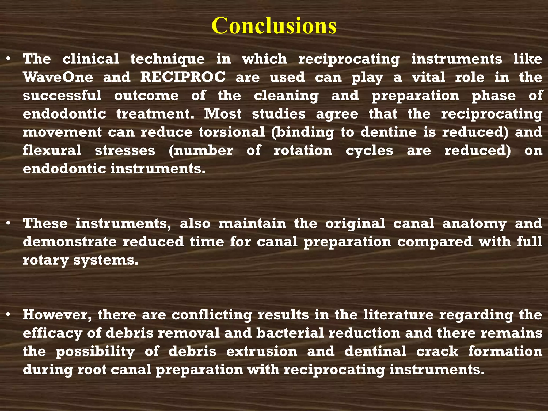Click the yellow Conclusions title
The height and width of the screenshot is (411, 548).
coord(274,26)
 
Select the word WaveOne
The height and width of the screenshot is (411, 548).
coord(58,77)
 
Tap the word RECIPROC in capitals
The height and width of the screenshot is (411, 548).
coord(183,77)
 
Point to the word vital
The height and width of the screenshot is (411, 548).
coord(428,77)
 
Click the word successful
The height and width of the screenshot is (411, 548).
coord(62,96)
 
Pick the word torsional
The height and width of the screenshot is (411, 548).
coord(232,132)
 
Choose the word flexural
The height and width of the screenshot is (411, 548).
coord(52,150)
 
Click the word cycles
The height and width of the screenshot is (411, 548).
coord(369,151)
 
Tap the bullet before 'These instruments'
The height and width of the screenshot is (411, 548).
coord(9,223)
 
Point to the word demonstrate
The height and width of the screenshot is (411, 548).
coord(70,242)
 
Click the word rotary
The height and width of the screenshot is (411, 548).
coord(45,260)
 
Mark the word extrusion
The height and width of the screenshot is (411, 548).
coord(261,351)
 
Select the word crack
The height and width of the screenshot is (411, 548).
coord(437,351)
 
